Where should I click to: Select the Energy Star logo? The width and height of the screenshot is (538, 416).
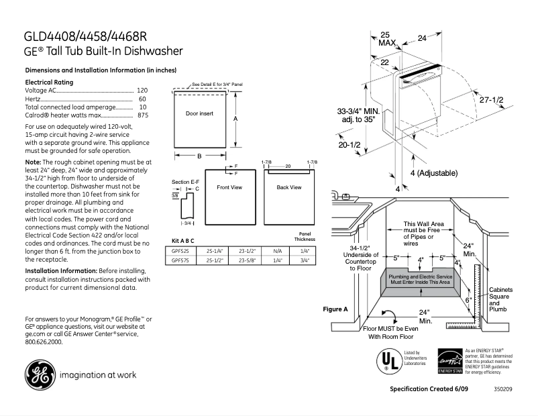click(x=449, y=361)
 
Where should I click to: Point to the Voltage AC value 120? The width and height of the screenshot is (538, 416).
click(x=142, y=90)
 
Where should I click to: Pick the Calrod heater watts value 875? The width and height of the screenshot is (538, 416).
click(x=142, y=115)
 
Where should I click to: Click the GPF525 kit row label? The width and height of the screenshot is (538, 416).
click(x=180, y=251)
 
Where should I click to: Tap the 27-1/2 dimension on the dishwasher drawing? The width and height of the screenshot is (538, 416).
click(x=492, y=99)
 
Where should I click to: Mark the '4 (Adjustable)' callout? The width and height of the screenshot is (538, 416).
click(x=433, y=173)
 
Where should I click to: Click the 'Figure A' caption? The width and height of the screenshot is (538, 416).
click(x=335, y=309)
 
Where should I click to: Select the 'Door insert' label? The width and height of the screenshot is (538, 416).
click(x=199, y=113)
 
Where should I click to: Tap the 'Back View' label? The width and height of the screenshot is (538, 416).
click(x=288, y=187)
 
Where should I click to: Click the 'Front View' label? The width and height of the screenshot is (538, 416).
click(x=229, y=187)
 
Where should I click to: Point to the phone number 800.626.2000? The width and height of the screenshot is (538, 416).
click(x=44, y=342)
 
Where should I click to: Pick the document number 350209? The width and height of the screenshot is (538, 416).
click(x=502, y=389)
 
